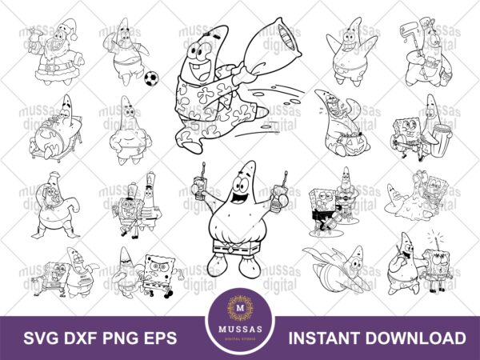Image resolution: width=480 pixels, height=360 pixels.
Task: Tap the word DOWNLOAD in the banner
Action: [422, 338]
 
